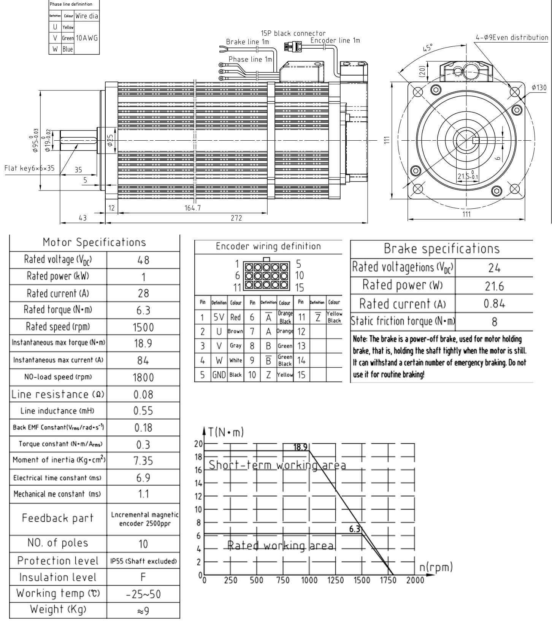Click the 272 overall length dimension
tap(236, 218)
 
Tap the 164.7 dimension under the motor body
tap(193, 208)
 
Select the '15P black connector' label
tap(293, 33)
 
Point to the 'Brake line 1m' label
tap(247, 42)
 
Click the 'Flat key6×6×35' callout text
tap(30, 168)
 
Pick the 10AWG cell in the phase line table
tap(87, 38)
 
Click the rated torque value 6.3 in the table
tap(143, 311)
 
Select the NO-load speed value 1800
tap(143, 378)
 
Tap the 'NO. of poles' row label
tap(58, 543)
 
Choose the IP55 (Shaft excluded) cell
tap(143, 561)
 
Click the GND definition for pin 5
tap(219, 375)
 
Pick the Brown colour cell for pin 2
tap(235, 331)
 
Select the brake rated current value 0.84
tap(494, 303)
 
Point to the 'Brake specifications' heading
tap(441, 249)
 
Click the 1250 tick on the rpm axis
tap(335, 580)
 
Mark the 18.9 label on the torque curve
tap(300, 447)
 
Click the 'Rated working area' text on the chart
tap(281, 546)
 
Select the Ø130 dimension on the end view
tap(539, 88)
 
